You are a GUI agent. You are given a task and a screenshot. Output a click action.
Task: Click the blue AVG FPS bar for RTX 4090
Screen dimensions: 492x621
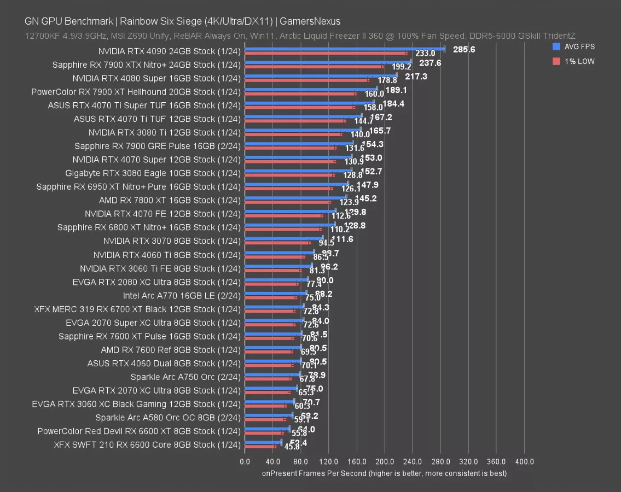(x=345, y=49)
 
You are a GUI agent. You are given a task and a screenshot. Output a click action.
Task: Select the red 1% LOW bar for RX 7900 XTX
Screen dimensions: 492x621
(x=314, y=67)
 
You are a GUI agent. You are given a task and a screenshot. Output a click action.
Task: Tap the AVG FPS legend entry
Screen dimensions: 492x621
(x=574, y=47)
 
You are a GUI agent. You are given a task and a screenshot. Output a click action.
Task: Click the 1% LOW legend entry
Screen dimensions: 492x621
(x=574, y=61)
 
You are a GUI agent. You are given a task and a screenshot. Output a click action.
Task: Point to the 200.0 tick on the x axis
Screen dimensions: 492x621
(x=385, y=462)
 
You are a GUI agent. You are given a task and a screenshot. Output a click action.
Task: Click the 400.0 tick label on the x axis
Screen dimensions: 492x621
(x=524, y=462)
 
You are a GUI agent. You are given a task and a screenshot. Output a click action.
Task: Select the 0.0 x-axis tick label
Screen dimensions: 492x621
(x=245, y=462)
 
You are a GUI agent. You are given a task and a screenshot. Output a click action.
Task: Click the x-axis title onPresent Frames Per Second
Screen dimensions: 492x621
(x=384, y=473)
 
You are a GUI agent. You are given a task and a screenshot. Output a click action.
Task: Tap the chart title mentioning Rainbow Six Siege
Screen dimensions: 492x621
(x=182, y=21)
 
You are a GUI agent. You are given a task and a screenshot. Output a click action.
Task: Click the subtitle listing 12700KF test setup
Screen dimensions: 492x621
(x=300, y=36)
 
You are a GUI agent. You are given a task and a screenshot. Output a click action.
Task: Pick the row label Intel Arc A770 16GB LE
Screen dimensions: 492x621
(x=182, y=296)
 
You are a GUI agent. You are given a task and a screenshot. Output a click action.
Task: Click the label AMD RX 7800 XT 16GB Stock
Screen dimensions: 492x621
(x=170, y=201)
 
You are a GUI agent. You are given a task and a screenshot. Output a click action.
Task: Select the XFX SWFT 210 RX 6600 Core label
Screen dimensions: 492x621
(x=147, y=445)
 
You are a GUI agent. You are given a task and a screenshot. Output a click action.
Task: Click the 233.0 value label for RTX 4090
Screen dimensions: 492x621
(x=425, y=54)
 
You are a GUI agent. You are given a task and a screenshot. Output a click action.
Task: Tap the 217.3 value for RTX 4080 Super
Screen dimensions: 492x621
(x=416, y=77)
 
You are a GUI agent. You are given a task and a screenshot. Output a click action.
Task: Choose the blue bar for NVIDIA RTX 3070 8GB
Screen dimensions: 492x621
(x=284, y=238)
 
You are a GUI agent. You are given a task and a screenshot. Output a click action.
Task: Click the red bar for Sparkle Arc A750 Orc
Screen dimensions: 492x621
(x=268, y=378)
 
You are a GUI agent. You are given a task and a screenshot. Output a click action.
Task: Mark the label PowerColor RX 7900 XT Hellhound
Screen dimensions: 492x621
(x=136, y=92)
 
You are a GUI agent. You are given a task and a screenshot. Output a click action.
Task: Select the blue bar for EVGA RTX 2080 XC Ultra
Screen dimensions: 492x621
(x=276, y=279)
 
